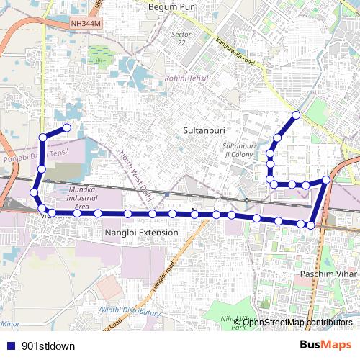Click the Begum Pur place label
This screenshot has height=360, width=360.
172,6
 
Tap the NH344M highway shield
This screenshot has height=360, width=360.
86,23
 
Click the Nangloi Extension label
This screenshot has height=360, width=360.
140,233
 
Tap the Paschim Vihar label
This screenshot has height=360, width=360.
326,274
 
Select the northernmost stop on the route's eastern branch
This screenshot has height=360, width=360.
296,114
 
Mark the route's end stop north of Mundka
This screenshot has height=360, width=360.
68,128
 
